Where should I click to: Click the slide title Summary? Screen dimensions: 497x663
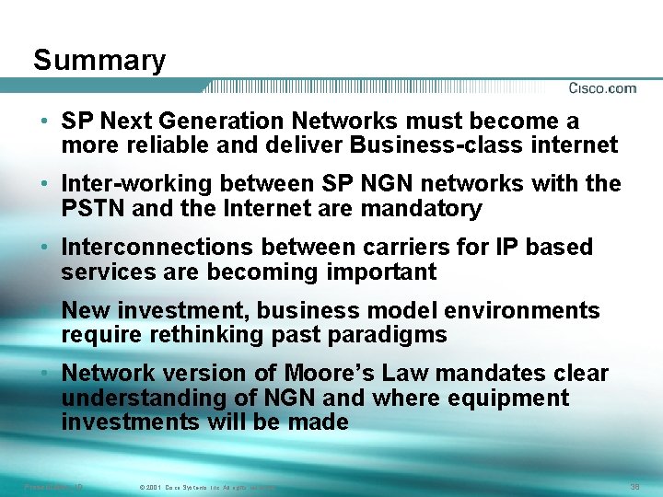[x=99, y=61]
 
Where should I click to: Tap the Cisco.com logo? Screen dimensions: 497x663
[x=602, y=88]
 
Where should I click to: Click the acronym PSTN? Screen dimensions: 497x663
[x=93, y=208]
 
